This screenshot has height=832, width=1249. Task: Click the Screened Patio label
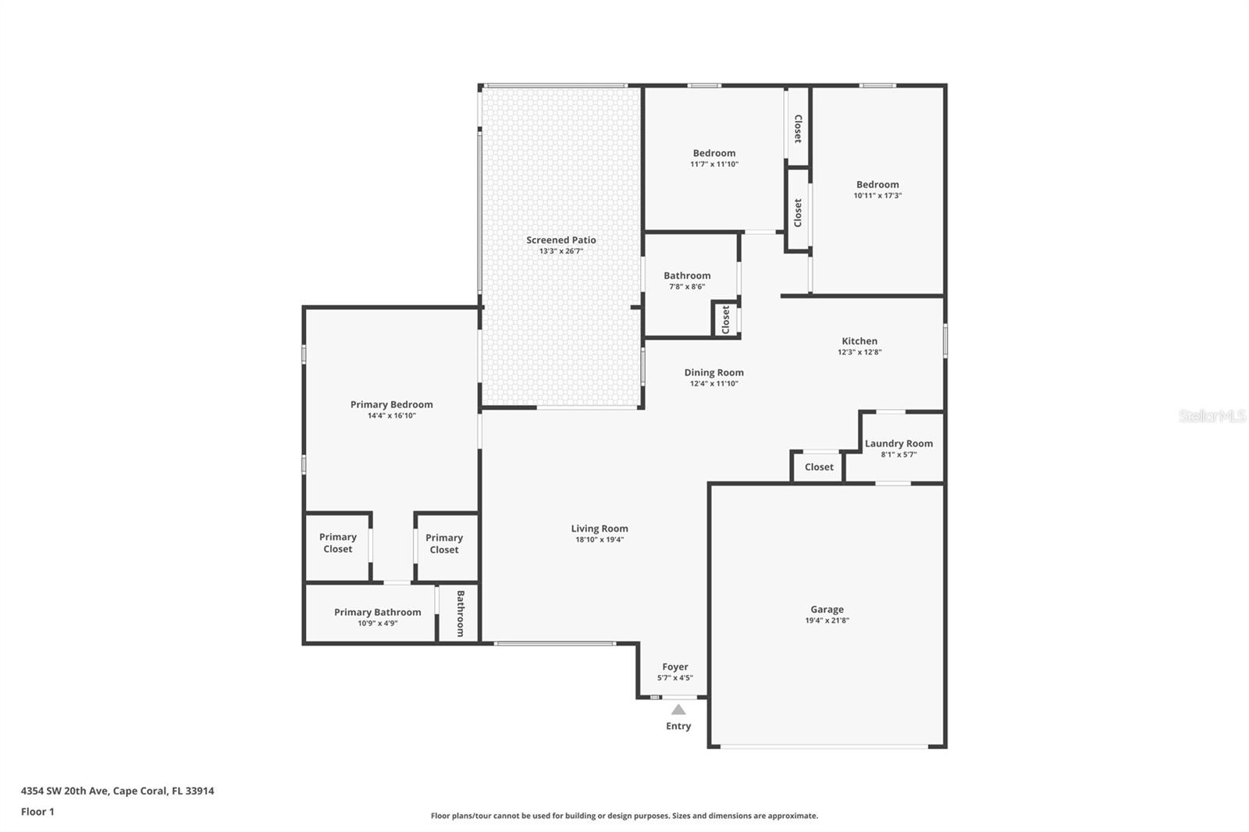(560, 240)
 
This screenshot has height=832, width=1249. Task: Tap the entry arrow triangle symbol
(678, 709)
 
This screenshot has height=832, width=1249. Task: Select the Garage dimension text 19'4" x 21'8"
(827, 620)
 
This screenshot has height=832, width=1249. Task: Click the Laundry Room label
(898, 443)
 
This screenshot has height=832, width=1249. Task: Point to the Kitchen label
(859, 341)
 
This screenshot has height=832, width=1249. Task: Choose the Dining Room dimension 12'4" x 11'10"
(713, 383)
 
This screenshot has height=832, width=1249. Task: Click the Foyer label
(674, 667)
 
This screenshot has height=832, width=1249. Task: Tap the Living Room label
(599, 528)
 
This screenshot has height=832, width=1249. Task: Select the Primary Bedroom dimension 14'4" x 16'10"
(391, 415)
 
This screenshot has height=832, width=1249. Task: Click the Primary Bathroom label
(377, 612)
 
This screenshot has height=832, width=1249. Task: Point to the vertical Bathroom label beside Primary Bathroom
(460, 613)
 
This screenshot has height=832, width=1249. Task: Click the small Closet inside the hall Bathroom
(725, 319)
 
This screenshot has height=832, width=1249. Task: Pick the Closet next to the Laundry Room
(819, 467)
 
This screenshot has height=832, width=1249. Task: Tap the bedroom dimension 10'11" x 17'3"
(877, 196)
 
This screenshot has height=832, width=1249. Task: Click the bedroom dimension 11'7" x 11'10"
(713, 164)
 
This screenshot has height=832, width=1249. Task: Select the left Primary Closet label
(337, 542)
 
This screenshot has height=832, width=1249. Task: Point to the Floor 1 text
(37, 812)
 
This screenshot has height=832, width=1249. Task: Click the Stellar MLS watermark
(1212, 416)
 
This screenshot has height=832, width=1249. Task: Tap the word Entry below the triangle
(678, 726)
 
